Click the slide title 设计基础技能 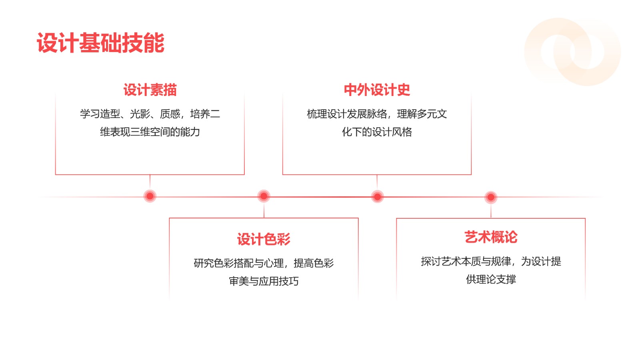tap(100, 43)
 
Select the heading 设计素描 tap(150, 90)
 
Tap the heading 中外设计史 tap(377, 90)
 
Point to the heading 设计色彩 tap(264, 239)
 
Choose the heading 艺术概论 tap(491, 237)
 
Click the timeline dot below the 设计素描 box tap(150, 196)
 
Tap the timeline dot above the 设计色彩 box tap(264, 196)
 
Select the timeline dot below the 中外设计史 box tap(377, 196)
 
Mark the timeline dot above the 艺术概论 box tap(491, 197)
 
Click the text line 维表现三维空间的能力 tap(150, 132)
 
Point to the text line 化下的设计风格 tap(377, 132)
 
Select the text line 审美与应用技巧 tap(264, 281)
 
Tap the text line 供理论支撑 tap(491, 279)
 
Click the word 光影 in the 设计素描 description tap(140, 114)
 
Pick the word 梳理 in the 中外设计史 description tap(317, 114)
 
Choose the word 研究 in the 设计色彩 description tap(204, 263)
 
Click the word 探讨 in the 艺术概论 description tap(431, 262)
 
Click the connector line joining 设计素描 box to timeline tap(150, 182)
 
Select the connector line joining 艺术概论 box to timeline tap(491, 211)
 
